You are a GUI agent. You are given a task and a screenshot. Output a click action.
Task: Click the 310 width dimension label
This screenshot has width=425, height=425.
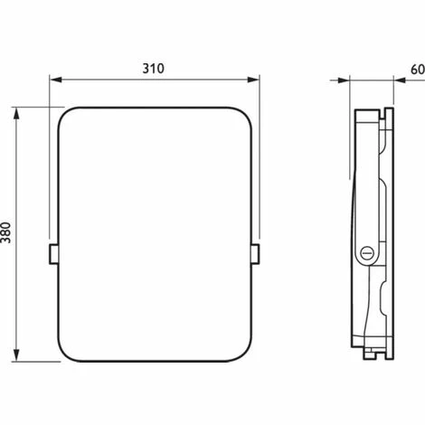tap(154, 69)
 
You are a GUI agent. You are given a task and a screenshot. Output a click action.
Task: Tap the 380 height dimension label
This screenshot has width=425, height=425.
tap(6, 232)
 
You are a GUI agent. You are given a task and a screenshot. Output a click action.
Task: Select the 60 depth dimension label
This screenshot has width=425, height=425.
tap(418, 70)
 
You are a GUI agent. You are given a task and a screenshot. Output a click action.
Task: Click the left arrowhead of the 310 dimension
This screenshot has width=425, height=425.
tap(55, 80)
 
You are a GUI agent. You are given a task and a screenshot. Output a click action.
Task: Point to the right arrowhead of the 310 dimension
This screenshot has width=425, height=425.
tap(253, 80)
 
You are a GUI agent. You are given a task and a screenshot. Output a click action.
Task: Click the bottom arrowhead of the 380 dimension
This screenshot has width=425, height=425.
tap(16, 355)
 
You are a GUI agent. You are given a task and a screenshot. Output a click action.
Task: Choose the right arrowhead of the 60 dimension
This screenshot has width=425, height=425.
tap(400, 80)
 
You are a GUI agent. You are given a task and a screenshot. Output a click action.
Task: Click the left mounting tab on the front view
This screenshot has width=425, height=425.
tap(53, 254)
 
